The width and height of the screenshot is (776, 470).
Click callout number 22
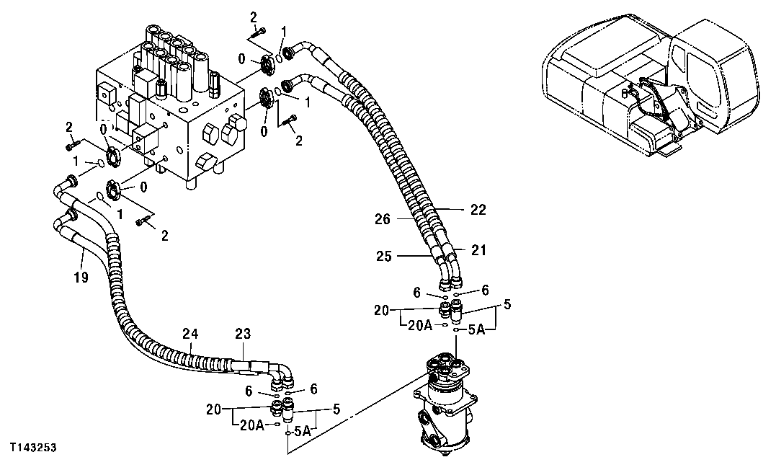(478, 210)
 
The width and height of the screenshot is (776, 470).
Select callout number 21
(479, 250)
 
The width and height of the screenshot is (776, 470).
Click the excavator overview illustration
(652, 87)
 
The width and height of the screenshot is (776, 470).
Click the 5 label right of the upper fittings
(507, 305)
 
